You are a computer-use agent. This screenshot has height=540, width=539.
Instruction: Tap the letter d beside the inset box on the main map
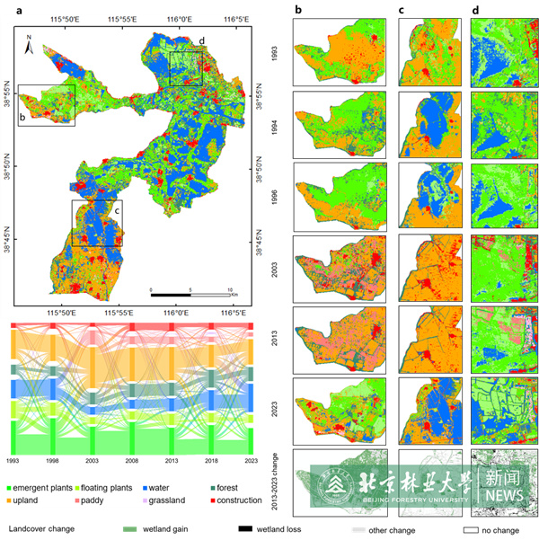pos(201,41)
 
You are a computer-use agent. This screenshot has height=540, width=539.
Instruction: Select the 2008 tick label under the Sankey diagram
pos(132,460)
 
